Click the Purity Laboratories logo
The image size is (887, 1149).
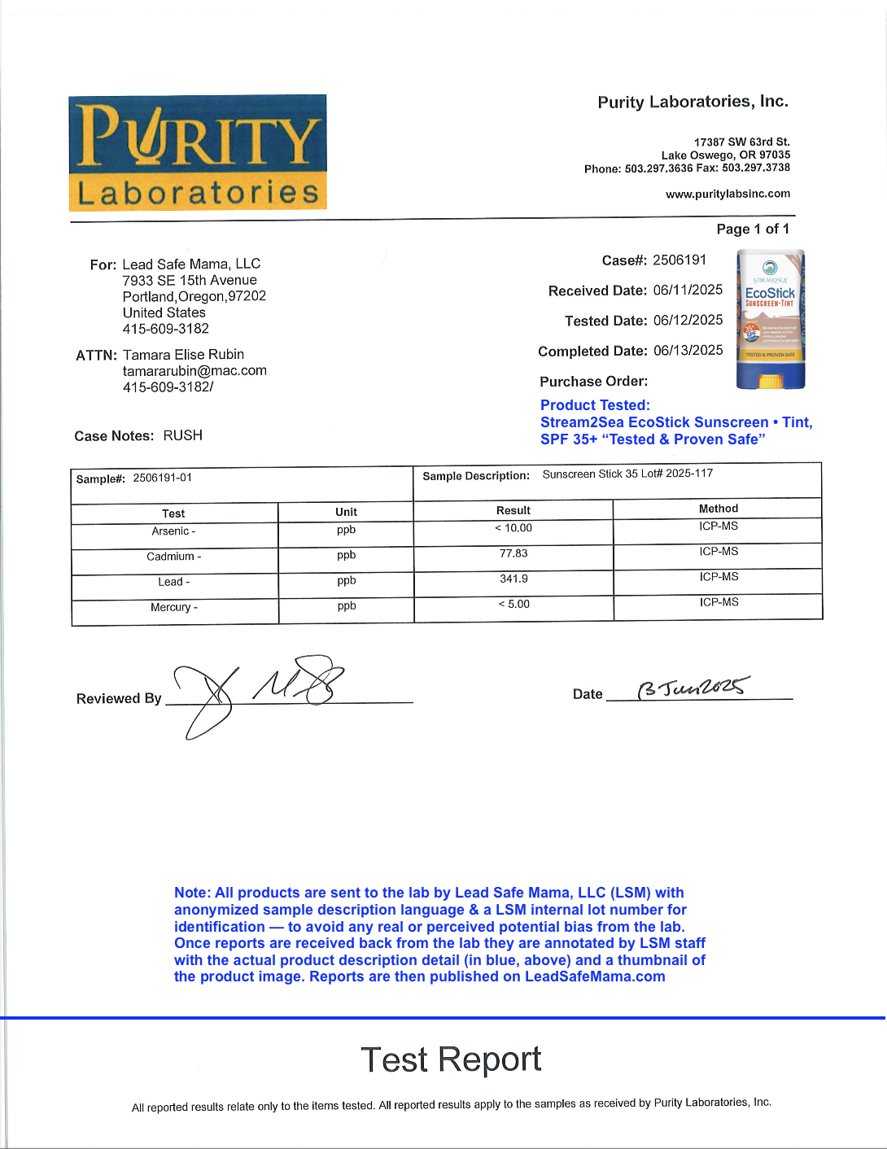point(198,152)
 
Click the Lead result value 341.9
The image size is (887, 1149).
point(513,579)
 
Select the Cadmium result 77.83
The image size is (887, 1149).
point(513,553)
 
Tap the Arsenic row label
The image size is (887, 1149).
point(173,531)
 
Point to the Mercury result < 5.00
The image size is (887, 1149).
point(513,604)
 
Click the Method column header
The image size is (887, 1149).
point(719,509)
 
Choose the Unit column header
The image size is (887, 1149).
point(346,512)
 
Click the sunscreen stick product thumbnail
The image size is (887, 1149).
point(770,319)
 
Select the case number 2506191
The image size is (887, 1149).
point(679,260)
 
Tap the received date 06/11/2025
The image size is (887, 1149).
point(688,290)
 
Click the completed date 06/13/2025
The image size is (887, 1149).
point(688,350)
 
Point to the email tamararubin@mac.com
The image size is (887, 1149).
point(194,371)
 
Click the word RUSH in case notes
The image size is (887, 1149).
point(183,435)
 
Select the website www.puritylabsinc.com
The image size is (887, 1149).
point(728,194)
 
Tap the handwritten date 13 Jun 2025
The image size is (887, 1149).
point(693,688)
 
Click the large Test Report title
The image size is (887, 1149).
point(451,1059)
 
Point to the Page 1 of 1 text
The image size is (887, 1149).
point(753,229)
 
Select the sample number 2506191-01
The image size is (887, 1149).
point(163,478)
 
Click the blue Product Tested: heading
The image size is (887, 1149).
point(595,405)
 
